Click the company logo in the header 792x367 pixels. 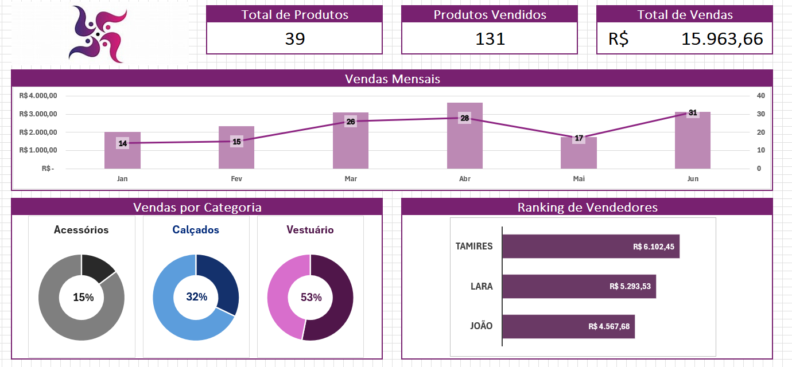98,34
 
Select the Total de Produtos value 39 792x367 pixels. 294,39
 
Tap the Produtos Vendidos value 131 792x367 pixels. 490,39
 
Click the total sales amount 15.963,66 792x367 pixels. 722,39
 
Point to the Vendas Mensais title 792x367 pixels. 392,79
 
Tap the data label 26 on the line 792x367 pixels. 351,122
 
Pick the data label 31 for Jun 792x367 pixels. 693,113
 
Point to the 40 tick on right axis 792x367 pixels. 760,96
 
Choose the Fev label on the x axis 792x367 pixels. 236,179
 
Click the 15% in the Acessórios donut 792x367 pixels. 83,297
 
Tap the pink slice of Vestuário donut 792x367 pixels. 279,292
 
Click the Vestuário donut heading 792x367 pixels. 310,230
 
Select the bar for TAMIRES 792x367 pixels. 591,247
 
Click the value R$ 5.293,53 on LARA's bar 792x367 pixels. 630,286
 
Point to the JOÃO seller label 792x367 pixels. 481,326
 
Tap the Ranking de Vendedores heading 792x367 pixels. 587,207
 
